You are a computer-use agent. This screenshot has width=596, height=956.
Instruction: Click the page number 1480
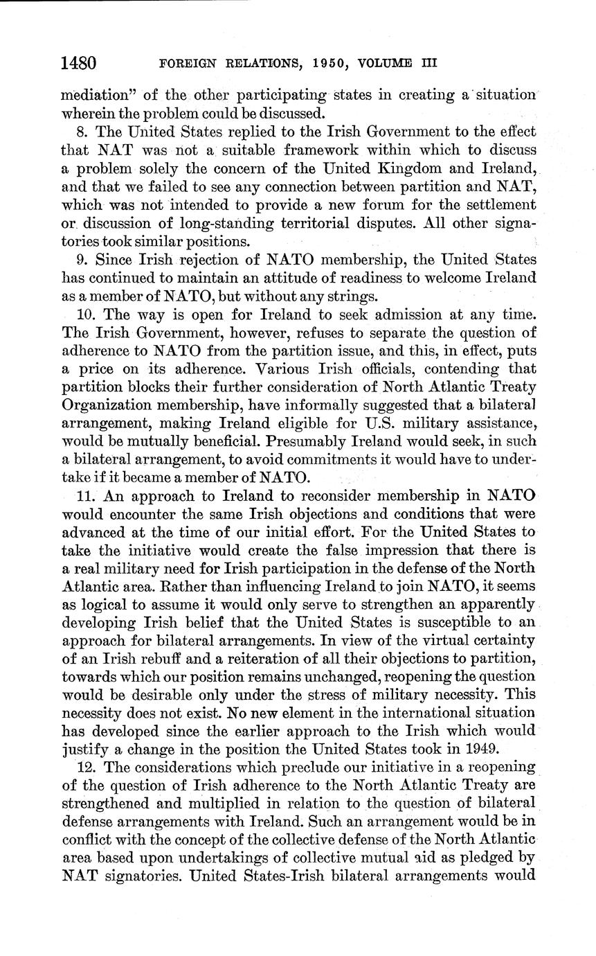coord(78,63)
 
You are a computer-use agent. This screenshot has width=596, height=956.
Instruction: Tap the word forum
coord(395,204)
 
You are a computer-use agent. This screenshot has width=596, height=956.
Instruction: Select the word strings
coord(341,296)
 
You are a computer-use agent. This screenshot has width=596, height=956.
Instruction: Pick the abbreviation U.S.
coord(399,423)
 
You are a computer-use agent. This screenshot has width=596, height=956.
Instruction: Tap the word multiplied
coord(266,802)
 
